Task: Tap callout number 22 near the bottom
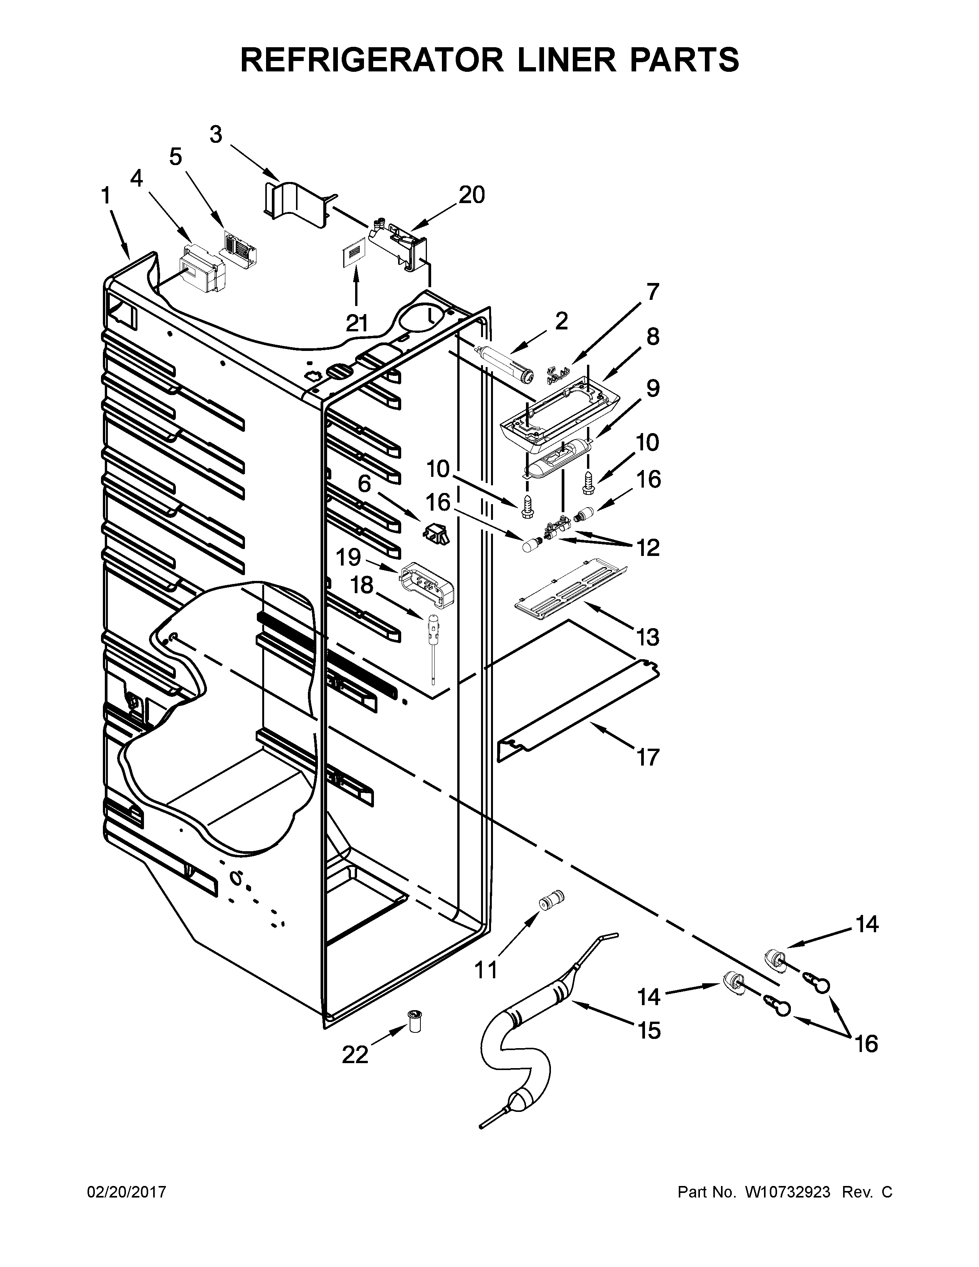click(355, 1055)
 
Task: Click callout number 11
click(486, 969)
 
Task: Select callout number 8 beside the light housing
click(653, 336)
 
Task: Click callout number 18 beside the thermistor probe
click(362, 585)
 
